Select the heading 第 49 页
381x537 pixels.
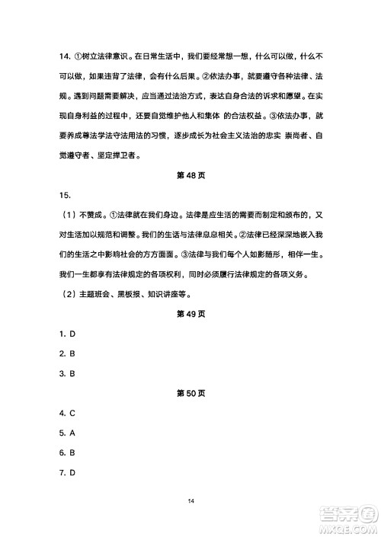click(x=190, y=313)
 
